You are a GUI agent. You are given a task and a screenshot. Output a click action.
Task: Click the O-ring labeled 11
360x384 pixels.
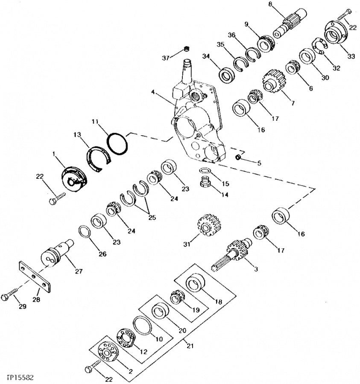(x=117, y=142)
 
